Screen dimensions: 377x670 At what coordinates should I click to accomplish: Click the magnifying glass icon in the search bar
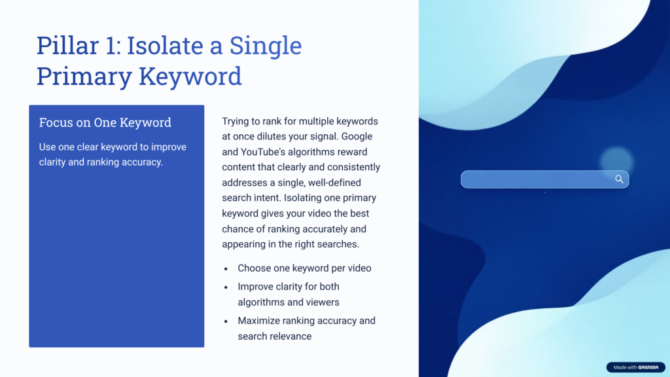tap(619, 179)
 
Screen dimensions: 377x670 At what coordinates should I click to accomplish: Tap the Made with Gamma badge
tap(635, 367)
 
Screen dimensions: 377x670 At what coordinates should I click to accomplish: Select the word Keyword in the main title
tap(190, 76)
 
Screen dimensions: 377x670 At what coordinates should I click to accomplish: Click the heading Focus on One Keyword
tap(105, 122)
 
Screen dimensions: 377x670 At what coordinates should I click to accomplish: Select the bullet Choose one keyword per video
tap(304, 268)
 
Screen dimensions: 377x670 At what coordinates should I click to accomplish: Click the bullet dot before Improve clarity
tap(226, 287)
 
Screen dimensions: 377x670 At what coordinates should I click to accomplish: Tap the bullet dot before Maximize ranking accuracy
tap(226, 321)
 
